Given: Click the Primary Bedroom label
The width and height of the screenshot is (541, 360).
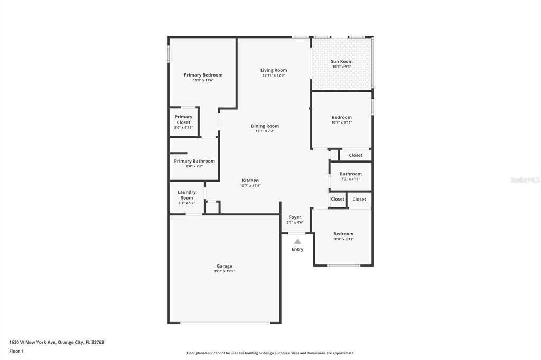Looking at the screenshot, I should pos(203,75).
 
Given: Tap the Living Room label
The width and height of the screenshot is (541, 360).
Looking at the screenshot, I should pos(274,70).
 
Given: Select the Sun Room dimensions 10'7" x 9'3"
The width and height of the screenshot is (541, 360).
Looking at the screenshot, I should pos(342,67).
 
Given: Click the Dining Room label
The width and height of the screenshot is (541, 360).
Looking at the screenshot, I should pos(265,126).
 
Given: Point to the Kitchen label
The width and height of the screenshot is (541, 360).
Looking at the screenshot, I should pos(250,181).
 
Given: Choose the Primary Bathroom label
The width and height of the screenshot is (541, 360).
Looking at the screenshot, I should pos(194,161).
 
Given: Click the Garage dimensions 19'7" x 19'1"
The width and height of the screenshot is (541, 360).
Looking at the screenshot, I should pos(224,271).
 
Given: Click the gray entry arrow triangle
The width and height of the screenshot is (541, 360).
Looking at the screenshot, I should pos(297,241).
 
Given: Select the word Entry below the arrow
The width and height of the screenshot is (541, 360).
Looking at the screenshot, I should pos(297,249).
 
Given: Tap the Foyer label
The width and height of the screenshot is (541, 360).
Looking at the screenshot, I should pos(295,217).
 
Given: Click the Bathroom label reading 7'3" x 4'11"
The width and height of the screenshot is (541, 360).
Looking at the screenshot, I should pos(350,174).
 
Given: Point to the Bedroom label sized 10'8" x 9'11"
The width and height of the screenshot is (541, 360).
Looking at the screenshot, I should pos(343,234).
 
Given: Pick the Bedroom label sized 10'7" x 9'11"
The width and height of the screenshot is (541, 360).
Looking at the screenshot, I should pos(341,117).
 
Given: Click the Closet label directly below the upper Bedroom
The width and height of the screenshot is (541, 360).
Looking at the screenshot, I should pos(356,155).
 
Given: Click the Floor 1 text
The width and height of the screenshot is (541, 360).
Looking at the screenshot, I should pos(16,351).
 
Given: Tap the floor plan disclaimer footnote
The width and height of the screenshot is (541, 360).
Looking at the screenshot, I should pos(270,353).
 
